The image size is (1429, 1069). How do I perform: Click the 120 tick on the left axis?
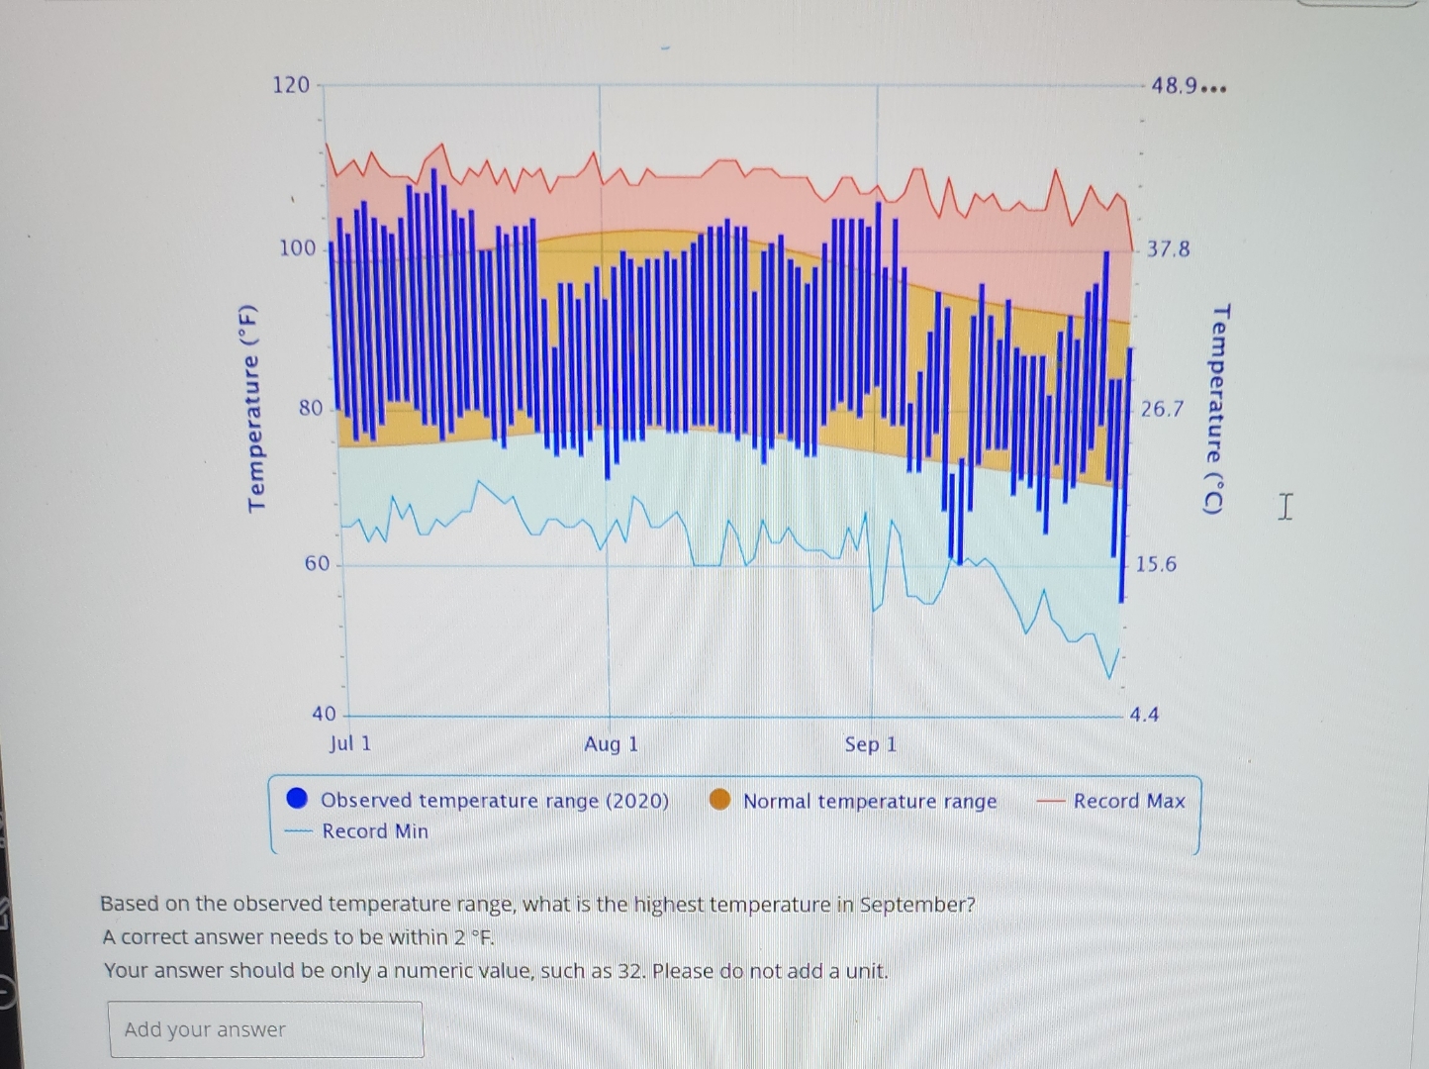pos(291,85)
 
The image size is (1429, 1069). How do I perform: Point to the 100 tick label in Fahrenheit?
pos(297,247)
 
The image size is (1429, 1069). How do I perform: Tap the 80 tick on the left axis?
pos(311,408)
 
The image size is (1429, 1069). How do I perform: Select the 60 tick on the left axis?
pos(317,564)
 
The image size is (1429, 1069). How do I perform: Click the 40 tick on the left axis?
pos(324,714)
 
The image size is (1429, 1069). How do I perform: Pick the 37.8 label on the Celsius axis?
pos(1169,248)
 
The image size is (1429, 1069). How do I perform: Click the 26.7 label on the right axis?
pos(1162,409)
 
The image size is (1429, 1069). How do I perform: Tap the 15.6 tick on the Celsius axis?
pos(1156,564)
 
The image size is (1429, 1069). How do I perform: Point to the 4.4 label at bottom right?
pos(1144,715)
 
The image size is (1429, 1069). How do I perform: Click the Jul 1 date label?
pos(350,743)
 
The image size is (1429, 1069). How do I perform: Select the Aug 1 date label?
pos(611,744)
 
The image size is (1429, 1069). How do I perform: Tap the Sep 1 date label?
pos(870,744)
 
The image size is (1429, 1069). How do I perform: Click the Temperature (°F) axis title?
pos(254,409)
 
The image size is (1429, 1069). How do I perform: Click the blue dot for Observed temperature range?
pos(297,799)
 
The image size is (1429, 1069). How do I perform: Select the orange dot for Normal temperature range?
pos(720,800)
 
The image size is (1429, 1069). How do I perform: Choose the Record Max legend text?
pos(1129,801)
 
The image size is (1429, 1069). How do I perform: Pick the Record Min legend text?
pos(375,831)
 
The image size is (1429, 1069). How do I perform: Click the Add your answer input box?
pos(265,1029)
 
